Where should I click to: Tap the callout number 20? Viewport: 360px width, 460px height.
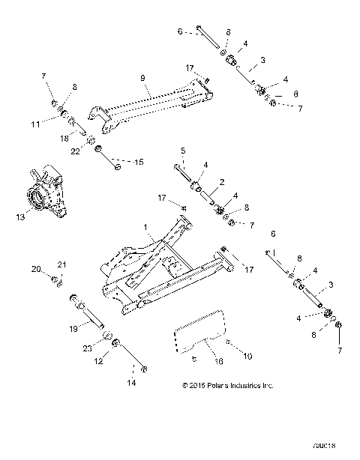(x=36, y=268)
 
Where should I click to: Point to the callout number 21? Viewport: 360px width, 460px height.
(x=62, y=264)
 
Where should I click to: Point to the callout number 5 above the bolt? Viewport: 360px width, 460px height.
(x=183, y=151)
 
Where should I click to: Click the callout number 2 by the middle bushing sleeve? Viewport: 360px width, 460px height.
(x=223, y=181)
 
